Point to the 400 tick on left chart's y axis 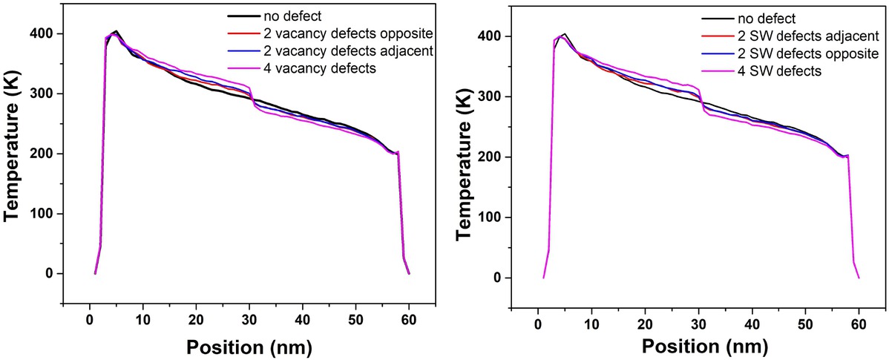pos(45,34)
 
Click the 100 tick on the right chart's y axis pos(495,217)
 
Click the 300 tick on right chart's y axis pos(495,96)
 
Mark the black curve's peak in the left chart pos(117,31)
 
